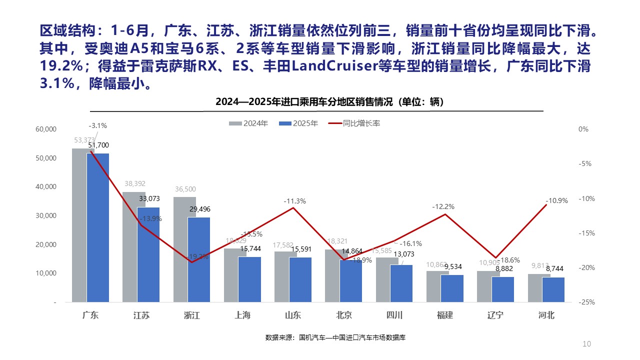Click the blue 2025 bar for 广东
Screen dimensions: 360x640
point(98,227)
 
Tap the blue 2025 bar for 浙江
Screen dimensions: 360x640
point(199,259)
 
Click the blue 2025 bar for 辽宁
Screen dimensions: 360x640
point(503,289)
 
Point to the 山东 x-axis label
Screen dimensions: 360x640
point(293,315)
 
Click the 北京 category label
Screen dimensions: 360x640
point(343,315)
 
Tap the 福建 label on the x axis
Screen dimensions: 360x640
point(444,315)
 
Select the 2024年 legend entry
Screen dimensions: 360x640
point(248,123)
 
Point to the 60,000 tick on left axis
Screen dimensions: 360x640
point(46,129)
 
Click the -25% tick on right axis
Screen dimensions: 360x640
point(583,302)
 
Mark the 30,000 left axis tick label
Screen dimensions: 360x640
point(46,216)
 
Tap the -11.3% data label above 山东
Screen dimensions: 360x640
point(294,201)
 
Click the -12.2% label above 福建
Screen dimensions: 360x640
point(443,206)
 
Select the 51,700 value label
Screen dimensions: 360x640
point(98,145)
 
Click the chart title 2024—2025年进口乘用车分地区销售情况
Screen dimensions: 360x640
point(330,102)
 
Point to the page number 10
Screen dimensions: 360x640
point(587,344)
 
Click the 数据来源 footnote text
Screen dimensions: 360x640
point(335,337)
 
